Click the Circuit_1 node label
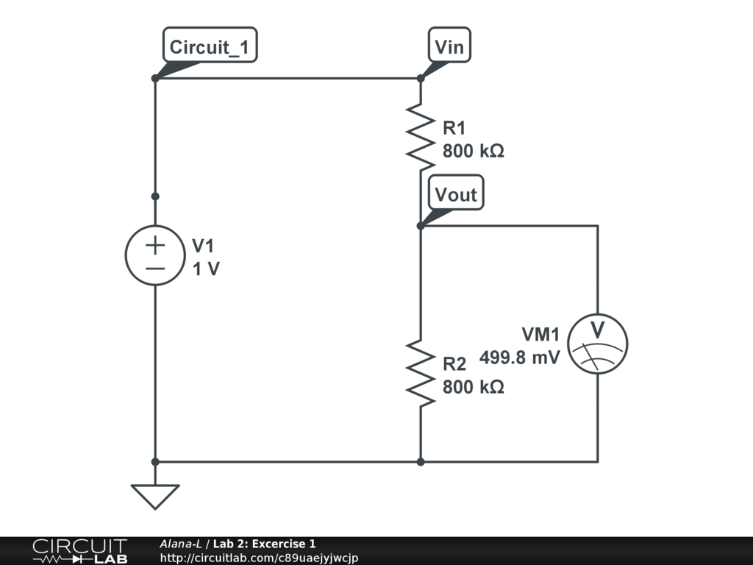point(210,48)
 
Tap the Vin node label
point(449,48)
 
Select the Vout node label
point(456,195)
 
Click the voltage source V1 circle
point(155,255)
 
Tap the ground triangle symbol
point(155,496)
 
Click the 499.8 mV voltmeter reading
point(520,358)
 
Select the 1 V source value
point(206,269)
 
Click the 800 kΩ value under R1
point(473,152)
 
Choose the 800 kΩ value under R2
point(473,387)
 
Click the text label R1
point(454,129)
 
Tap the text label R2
point(454,364)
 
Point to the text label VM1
point(540,335)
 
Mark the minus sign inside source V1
point(155,269)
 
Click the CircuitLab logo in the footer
point(79,551)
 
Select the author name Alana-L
point(181,544)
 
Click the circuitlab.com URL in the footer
point(259,558)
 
